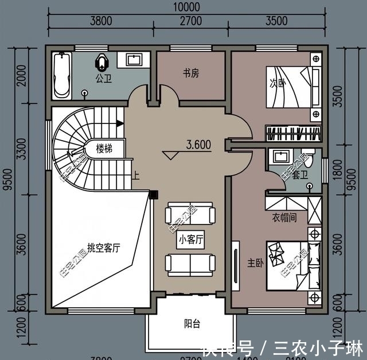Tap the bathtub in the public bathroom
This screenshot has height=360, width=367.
coord(61,75)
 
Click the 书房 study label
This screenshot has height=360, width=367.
coord(191,73)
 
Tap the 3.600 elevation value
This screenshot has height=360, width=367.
coord(198,145)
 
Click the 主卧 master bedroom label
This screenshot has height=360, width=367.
coord(255,263)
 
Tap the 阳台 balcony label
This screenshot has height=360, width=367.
coord(192,324)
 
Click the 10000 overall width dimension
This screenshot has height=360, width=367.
coord(185,7)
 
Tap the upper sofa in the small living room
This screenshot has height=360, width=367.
coord(190,215)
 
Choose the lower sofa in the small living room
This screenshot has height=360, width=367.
coord(190,263)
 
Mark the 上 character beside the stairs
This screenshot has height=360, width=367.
coord(135,176)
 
